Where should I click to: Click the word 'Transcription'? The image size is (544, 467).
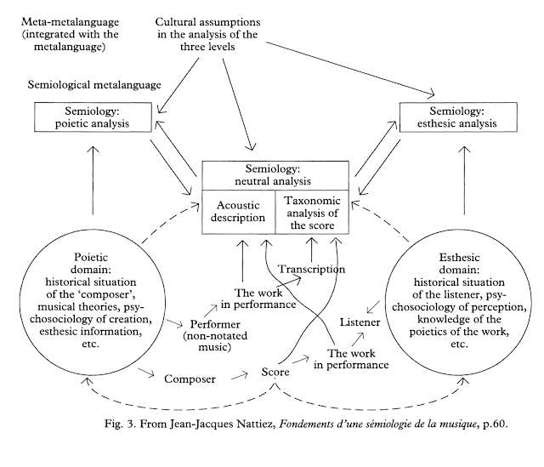pyautogui.click(x=311, y=270)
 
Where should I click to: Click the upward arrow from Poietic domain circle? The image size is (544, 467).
pyautogui.click(x=91, y=179)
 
